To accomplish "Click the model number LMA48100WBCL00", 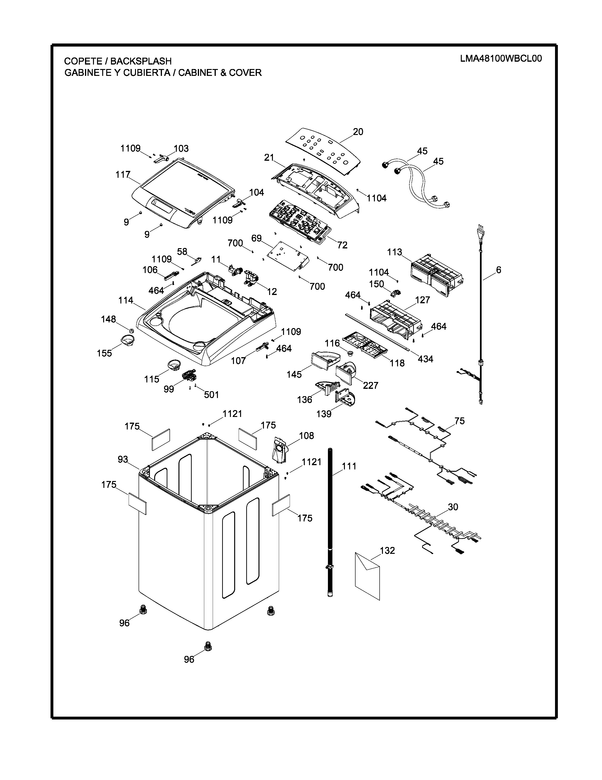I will (501, 59).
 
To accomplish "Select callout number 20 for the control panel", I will (358, 132).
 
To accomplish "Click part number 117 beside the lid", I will (123, 175).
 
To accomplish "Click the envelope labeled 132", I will (367, 575).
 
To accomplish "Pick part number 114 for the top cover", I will (126, 300).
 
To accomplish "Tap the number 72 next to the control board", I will (342, 245).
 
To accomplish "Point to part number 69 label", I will (256, 238).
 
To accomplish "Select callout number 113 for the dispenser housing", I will (394, 252).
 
